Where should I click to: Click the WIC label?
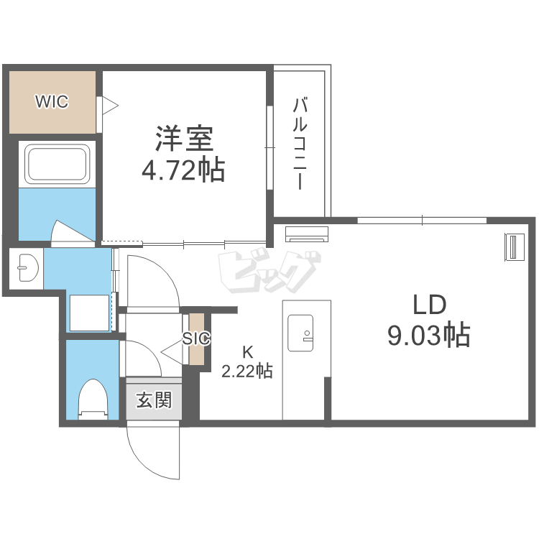coord(52,101)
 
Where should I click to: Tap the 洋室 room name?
coord(185,139)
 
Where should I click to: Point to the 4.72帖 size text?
coord(183,170)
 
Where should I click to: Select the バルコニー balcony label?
coord(300,143)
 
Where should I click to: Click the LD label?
coord(429,305)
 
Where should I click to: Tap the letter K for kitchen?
coord(247,352)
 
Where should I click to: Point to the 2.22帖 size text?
coord(247,371)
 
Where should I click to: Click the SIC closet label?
coord(196,339)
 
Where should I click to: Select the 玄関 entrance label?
coord(154,400)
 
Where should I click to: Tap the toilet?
coord(93,399)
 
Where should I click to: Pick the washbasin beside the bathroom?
coord(28,268)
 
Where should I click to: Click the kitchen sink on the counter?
coord(300,333)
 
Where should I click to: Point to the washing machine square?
coord(90,313)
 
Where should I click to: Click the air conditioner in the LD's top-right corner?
coord(515,247)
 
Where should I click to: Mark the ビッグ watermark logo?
coord(269,272)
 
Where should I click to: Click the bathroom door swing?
coord(72,232)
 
